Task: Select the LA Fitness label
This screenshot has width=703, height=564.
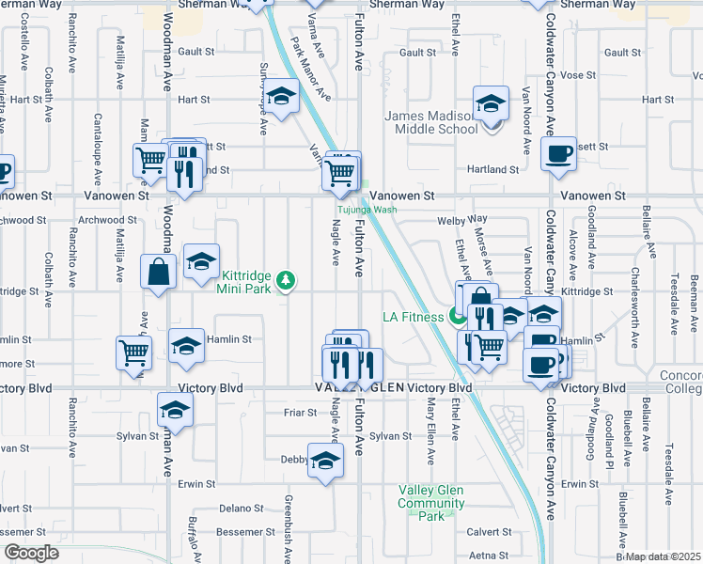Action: (413, 317)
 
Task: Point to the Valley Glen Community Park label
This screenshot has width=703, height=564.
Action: (431, 503)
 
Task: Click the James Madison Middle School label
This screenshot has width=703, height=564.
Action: (431, 122)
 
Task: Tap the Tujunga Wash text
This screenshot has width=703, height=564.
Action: (367, 210)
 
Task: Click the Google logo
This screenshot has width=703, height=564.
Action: (30, 553)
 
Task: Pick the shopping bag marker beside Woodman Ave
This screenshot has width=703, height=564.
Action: (158, 273)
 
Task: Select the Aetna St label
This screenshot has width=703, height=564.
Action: (490, 556)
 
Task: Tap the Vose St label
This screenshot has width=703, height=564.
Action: (578, 75)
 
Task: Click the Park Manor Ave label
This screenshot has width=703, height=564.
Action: (311, 68)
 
